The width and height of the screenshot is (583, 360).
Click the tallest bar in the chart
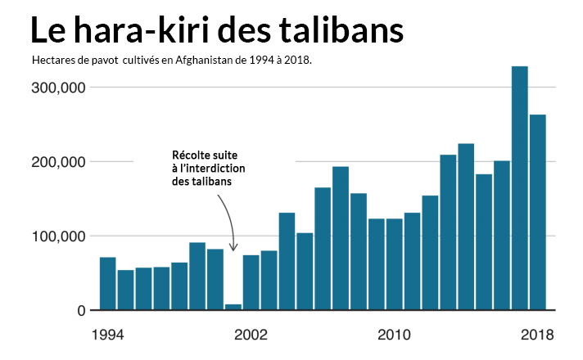pos(519,188)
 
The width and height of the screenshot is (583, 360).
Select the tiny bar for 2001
pos(233,308)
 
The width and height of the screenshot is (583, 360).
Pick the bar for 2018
pos(537,213)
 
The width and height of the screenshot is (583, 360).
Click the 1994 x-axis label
pos(107,335)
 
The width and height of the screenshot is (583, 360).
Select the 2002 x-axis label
pos(251,335)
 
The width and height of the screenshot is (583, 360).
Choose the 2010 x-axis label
pos(394,335)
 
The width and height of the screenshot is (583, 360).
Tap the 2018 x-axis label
pos(537,335)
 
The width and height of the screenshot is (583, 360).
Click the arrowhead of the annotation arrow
pos(233,248)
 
